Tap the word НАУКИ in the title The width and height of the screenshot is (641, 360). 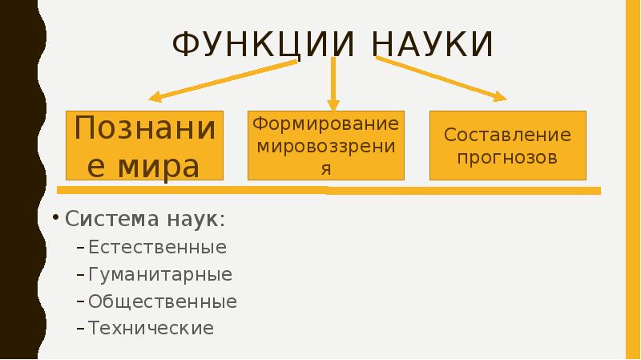pos(433,44)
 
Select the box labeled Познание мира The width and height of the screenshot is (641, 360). pos(145,145)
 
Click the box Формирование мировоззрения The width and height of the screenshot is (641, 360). pos(325,145)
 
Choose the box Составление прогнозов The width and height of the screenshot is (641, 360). pos(508,145)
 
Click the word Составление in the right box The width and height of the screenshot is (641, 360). pos(508,135)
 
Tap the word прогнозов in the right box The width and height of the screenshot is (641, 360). pos(508,156)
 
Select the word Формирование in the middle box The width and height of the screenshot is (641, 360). pos(325,124)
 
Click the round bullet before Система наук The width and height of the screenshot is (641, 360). pos(57,219)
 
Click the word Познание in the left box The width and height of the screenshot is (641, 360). pos(145,127)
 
